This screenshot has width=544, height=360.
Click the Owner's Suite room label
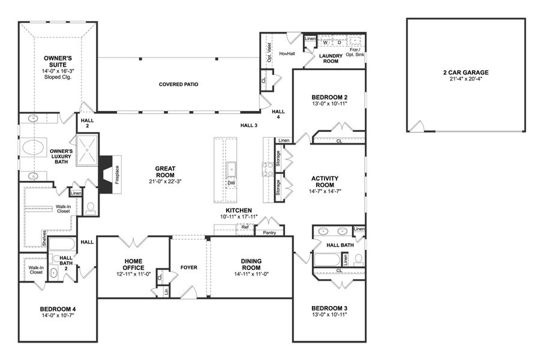(x=58, y=62)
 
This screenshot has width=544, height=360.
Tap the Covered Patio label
(x=178, y=84)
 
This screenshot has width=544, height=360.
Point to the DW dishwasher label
(x=231, y=183)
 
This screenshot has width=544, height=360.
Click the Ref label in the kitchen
(x=245, y=227)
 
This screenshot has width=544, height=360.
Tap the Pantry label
(x=269, y=232)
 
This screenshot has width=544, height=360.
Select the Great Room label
(x=165, y=172)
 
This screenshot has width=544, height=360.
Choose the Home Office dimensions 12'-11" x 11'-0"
(x=133, y=274)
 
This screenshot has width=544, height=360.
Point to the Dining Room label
(x=251, y=264)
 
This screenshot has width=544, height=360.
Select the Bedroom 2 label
(x=329, y=97)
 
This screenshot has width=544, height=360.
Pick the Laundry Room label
(x=330, y=58)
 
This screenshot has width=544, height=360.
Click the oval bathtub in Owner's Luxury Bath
(x=34, y=148)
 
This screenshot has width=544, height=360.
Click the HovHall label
(x=287, y=53)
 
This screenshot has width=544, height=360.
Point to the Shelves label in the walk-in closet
(x=44, y=238)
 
